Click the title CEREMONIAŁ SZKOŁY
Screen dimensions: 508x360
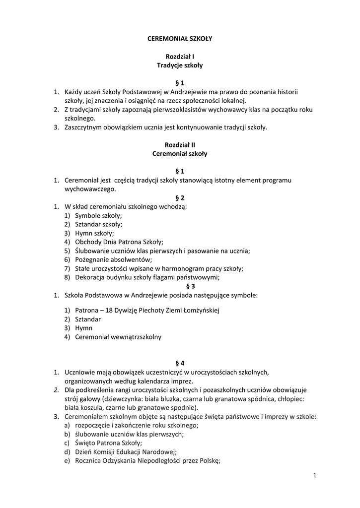coord(180,38)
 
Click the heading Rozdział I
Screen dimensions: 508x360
coord(180,56)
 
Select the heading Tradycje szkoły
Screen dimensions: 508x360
coord(180,65)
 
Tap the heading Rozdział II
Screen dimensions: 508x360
coord(180,145)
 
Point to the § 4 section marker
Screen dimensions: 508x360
coord(180,363)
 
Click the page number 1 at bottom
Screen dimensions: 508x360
coord(315,476)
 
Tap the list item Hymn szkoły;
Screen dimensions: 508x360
coord(94,233)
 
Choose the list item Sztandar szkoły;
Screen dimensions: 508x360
coord(98,224)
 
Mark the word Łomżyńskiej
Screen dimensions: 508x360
coord(197,310)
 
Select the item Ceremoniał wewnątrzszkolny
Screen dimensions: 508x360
coord(118,337)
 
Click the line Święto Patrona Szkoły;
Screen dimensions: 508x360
coord(109,443)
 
